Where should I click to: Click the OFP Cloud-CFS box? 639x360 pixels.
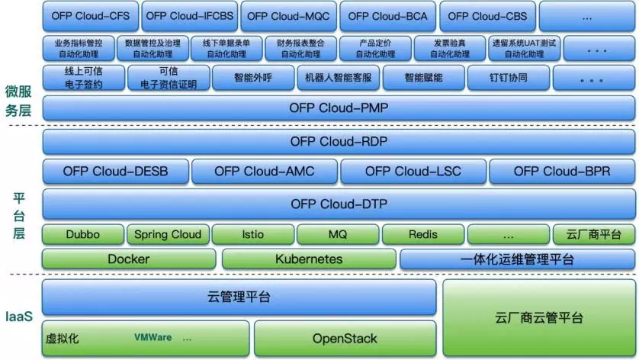90,15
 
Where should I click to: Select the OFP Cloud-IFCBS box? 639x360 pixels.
189,15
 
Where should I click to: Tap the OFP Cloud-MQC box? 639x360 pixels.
289,15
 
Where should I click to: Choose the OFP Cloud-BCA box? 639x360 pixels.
387,15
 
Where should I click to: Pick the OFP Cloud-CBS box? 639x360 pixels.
486,15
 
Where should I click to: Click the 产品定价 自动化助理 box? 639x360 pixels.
376,49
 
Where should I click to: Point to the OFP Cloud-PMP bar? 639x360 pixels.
339,108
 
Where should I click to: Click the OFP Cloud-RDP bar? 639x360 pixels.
339,142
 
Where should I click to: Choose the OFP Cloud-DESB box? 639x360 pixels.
115,172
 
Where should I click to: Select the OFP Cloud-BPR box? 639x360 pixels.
561,172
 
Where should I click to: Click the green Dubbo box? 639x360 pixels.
81,234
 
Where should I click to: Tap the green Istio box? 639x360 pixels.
252,234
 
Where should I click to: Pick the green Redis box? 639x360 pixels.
422,234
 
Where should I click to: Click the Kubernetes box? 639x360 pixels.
308,259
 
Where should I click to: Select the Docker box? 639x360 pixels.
128,259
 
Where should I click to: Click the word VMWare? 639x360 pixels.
153,337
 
